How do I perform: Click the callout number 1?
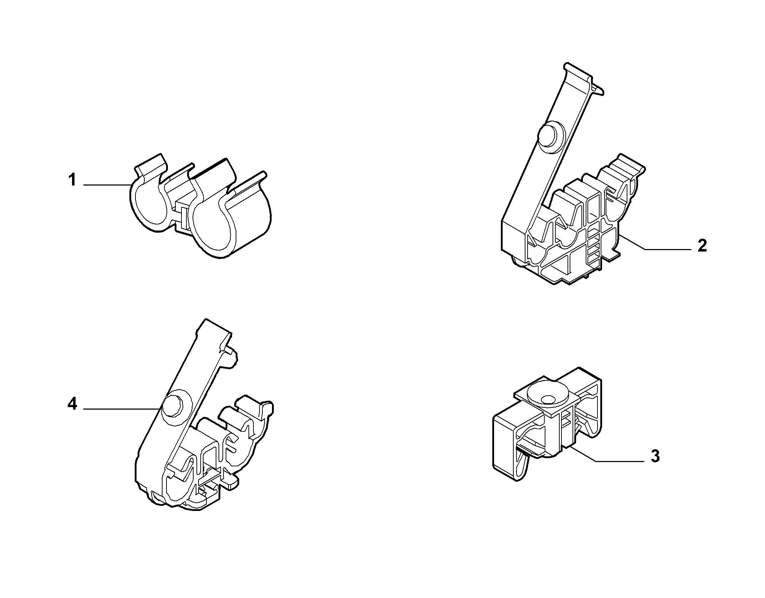pyautogui.click(x=72, y=180)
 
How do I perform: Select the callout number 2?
pyautogui.click(x=702, y=246)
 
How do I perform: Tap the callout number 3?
pyautogui.click(x=655, y=456)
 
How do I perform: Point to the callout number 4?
pyautogui.click(x=72, y=404)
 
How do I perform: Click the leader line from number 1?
pyautogui.click(x=107, y=184)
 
